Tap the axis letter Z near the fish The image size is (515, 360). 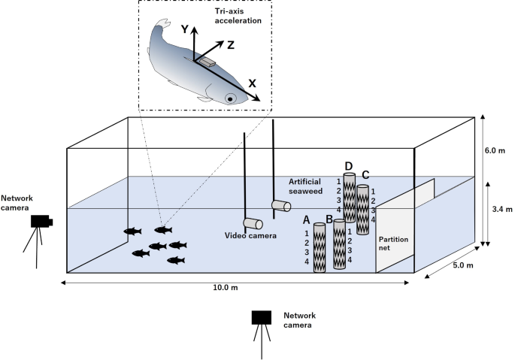pyautogui.click(x=231, y=45)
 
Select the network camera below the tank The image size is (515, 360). pyautogui.click(x=262, y=317)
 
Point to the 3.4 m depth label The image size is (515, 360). pyautogui.click(x=498, y=210)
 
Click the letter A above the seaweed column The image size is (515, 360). pyautogui.click(x=306, y=219)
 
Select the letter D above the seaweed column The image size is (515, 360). pyautogui.click(x=348, y=166)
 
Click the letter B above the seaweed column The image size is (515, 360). pyautogui.click(x=329, y=220)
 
